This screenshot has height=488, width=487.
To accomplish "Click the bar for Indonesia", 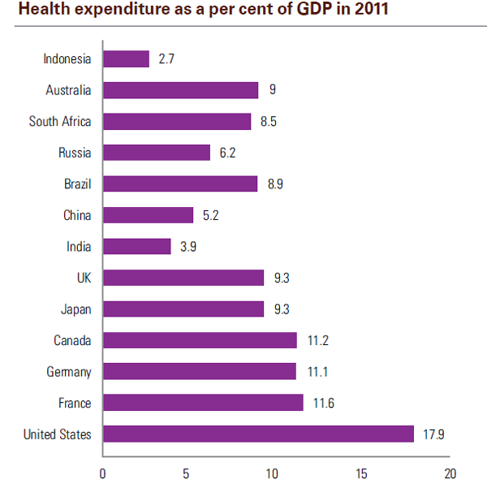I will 126,59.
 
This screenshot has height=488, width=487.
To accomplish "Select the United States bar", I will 258,434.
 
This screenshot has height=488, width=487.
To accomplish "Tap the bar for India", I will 136,246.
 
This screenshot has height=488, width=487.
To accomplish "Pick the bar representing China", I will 148,215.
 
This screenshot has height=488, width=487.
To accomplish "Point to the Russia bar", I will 157,153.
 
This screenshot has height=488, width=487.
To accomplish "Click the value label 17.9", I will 434,434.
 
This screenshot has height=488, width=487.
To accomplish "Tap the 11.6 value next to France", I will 324,404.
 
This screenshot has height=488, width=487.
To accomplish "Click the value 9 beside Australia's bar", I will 273,90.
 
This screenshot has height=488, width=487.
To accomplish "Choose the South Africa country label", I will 60,122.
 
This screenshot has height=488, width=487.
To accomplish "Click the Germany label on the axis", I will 69,372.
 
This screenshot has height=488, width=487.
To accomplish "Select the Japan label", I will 76,309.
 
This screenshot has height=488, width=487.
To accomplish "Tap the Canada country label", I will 72,340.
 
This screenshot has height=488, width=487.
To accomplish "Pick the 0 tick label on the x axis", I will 103,474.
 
